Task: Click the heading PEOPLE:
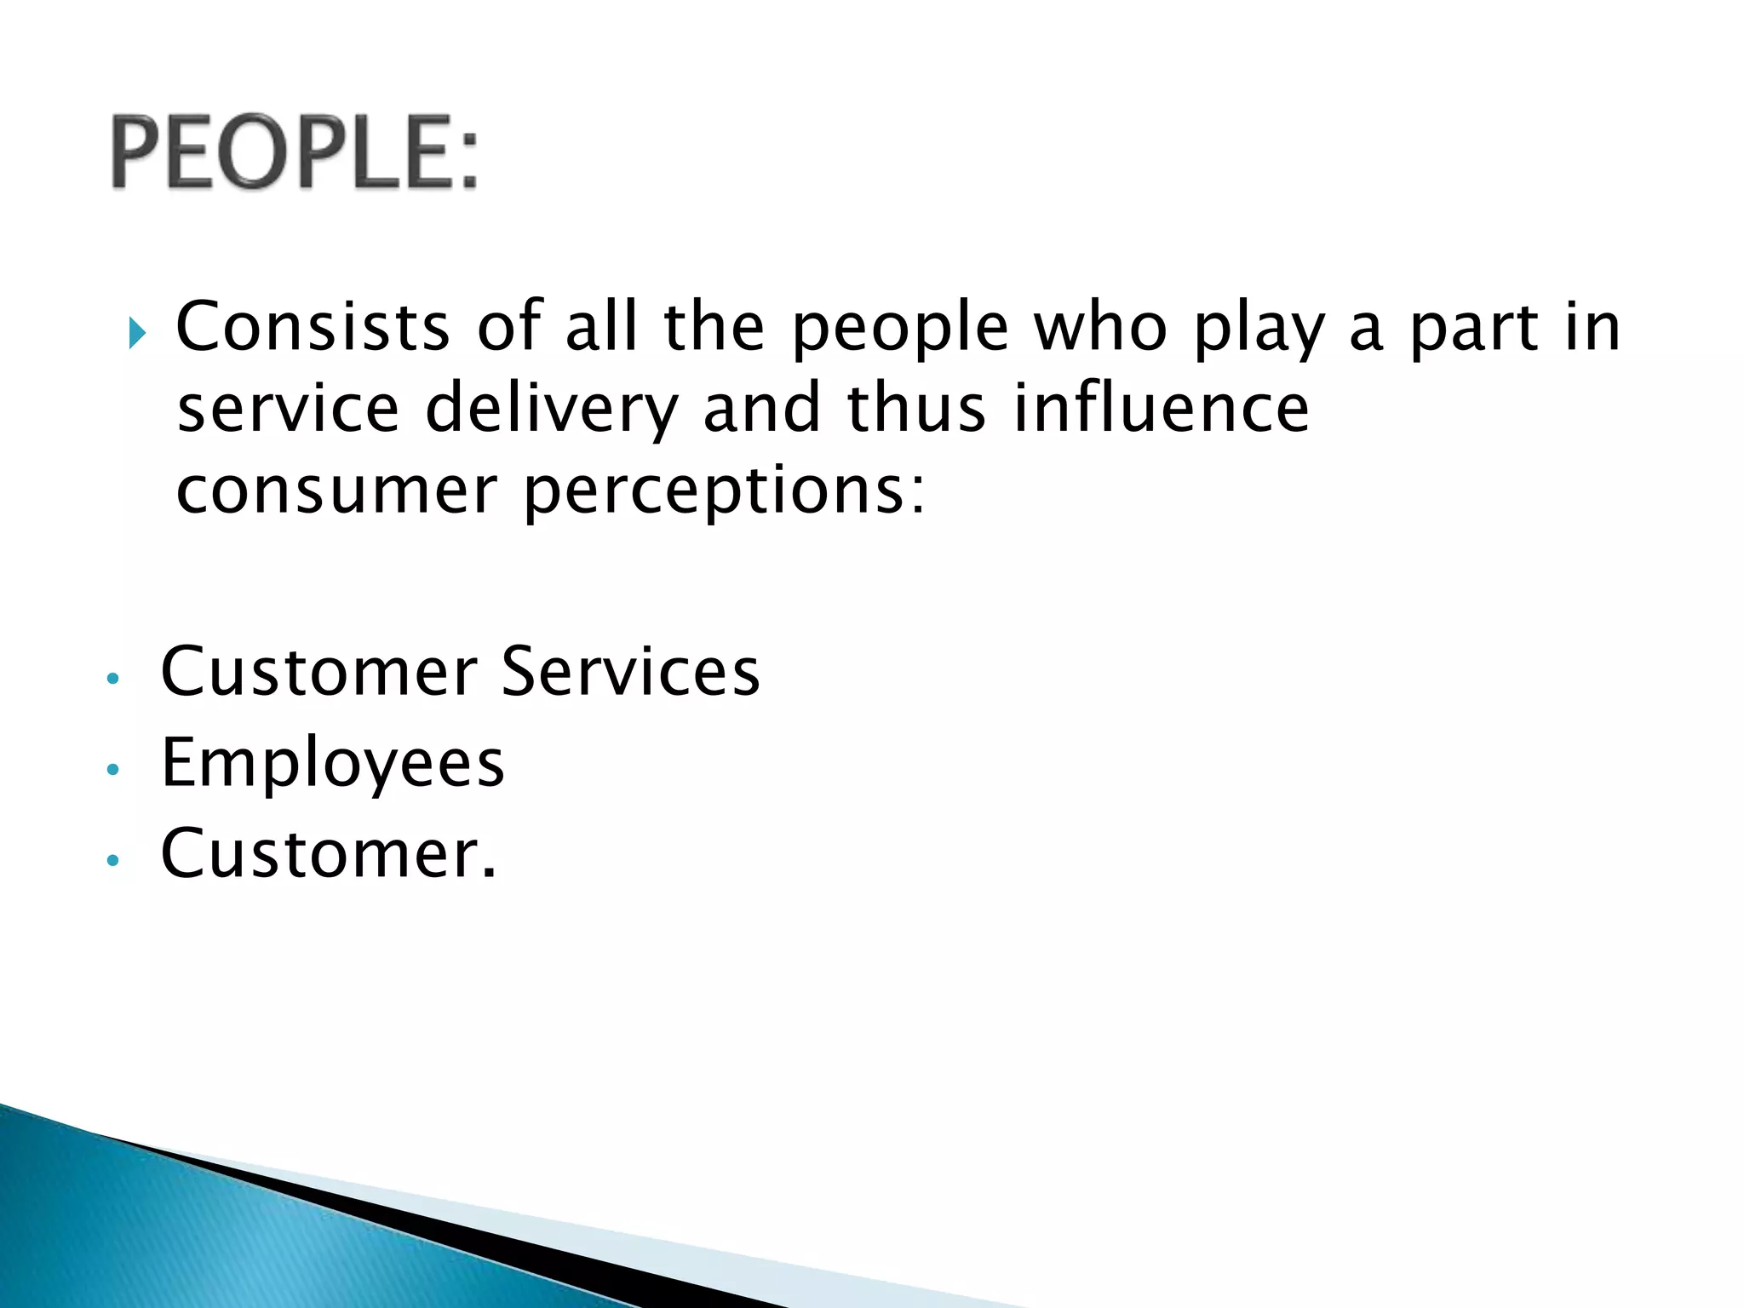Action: [294, 152]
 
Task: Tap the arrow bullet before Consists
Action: [138, 334]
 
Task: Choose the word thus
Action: [916, 409]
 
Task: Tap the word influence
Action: [1162, 409]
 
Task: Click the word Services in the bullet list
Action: [630, 673]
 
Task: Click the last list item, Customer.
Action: [328, 854]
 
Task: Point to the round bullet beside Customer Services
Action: [112, 680]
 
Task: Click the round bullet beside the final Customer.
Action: [112, 861]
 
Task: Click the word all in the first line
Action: [600, 327]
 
